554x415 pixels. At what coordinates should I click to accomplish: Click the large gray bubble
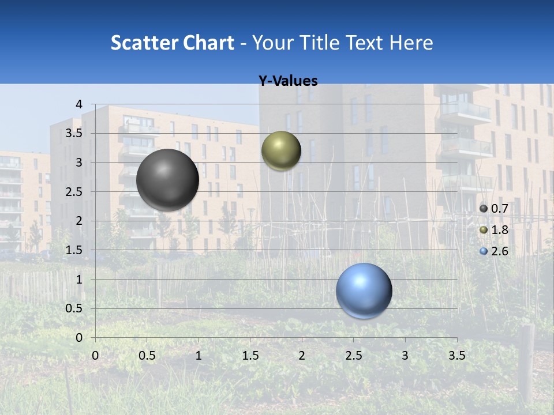point(167,180)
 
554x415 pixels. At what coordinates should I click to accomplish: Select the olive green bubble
point(281,150)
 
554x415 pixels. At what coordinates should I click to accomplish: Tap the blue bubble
point(364,290)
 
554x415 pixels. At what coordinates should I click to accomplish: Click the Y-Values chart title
point(287,81)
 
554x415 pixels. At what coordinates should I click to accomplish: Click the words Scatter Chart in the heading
point(172,43)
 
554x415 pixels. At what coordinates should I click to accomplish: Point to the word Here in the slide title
point(411,43)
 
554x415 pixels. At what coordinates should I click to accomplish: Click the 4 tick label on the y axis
point(79,104)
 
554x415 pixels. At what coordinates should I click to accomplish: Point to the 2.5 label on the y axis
point(74,191)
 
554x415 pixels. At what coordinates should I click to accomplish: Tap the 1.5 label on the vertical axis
point(74,250)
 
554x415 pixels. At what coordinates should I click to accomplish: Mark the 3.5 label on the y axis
point(74,133)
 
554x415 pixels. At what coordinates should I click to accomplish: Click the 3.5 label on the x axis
point(456,356)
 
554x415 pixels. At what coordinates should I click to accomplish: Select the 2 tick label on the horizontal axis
point(302,356)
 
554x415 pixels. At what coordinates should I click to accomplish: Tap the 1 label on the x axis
point(199,356)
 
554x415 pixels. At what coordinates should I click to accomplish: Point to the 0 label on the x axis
point(95,356)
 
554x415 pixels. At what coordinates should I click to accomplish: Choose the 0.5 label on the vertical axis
point(74,308)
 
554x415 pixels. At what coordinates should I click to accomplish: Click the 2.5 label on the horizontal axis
point(353,356)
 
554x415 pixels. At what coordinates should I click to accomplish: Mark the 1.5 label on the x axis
point(250,356)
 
